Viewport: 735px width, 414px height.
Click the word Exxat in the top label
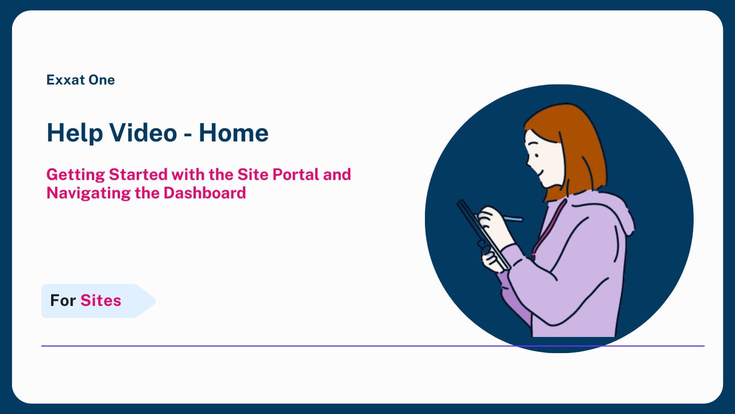tap(65, 80)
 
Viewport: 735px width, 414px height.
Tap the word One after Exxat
tap(102, 80)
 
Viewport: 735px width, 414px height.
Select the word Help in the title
tap(75, 133)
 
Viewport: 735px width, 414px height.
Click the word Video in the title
tap(143, 133)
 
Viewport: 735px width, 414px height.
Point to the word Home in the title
tap(234, 133)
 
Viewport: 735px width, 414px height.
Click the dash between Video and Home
tap(188, 135)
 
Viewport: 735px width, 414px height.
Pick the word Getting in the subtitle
tap(75, 175)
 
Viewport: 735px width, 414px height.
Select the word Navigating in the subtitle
tap(88, 193)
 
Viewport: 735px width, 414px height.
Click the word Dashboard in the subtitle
tap(205, 193)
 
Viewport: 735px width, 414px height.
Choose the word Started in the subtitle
tap(138, 174)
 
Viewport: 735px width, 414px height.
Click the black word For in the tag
tap(63, 300)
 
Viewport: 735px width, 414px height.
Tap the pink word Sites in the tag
tap(100, 300)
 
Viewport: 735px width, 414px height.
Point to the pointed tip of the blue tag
tap(155, 301)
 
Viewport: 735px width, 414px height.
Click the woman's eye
tap(537, 155)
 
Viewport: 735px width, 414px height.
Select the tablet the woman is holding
tap(483, 235)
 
